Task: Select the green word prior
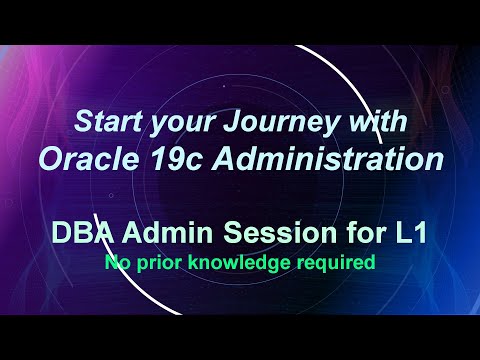click(x=154, y=264)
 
